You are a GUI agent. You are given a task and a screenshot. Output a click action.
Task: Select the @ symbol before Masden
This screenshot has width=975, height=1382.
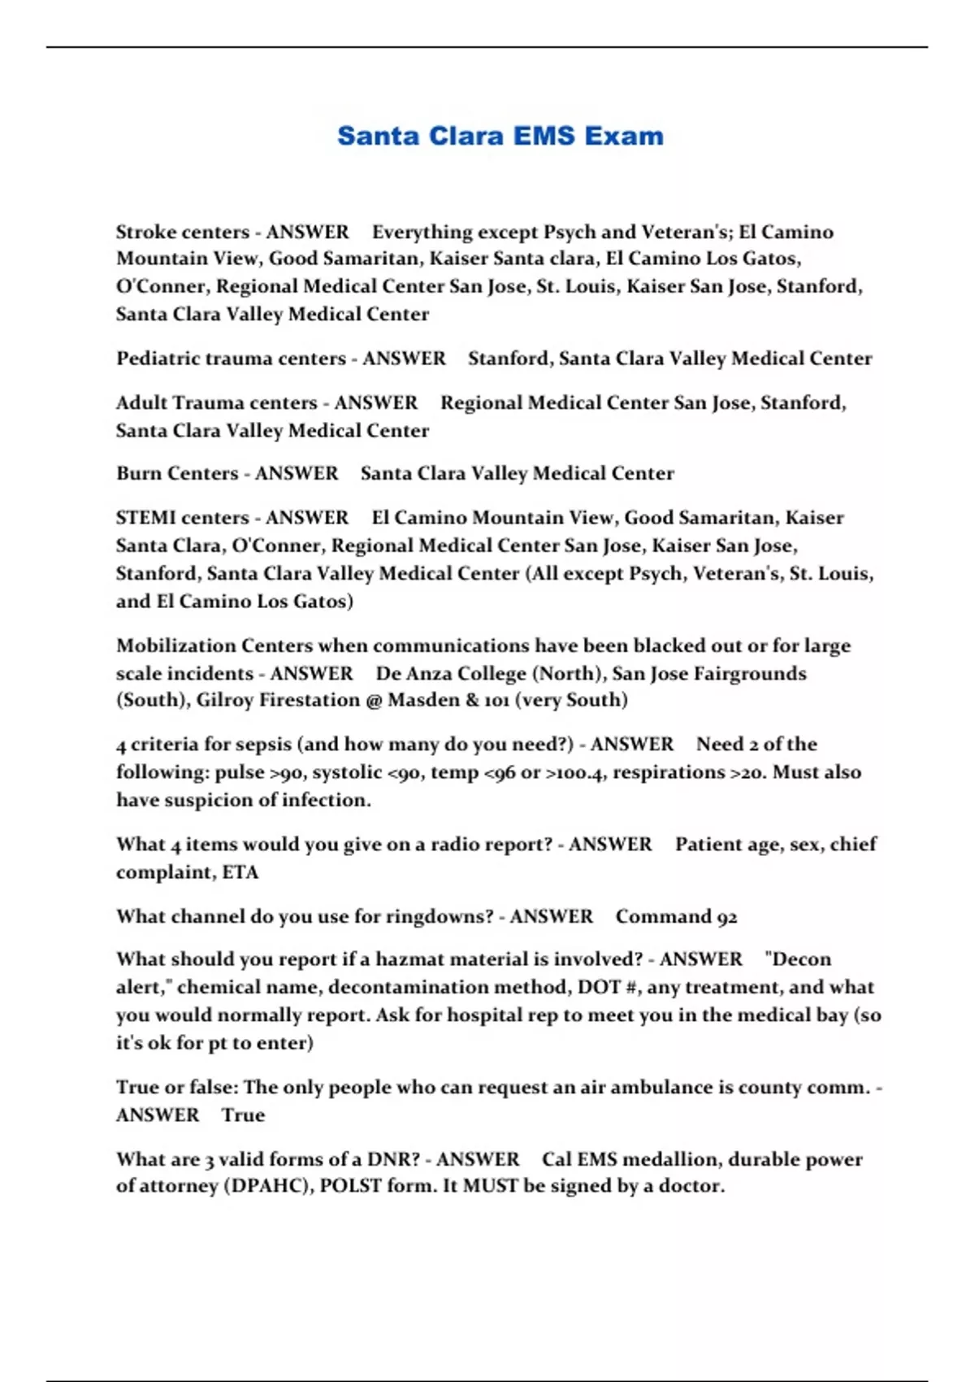point(374,700)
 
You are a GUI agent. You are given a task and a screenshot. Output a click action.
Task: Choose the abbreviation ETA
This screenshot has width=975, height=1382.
point(240,872)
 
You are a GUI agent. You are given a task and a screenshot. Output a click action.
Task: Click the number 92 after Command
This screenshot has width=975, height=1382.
point(726,917)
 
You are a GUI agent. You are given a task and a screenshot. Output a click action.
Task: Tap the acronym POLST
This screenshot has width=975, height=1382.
point(350,1186)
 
